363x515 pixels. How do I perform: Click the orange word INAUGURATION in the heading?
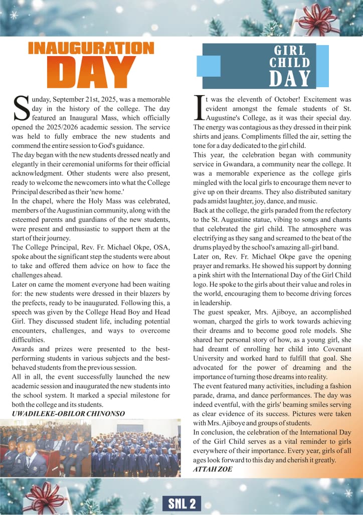pyautogui.click(x=91, y=48)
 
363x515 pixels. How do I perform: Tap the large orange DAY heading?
pyautogui.click(x=91, y=74)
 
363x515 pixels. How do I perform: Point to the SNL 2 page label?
pyautogui.click(x=181, y=503)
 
